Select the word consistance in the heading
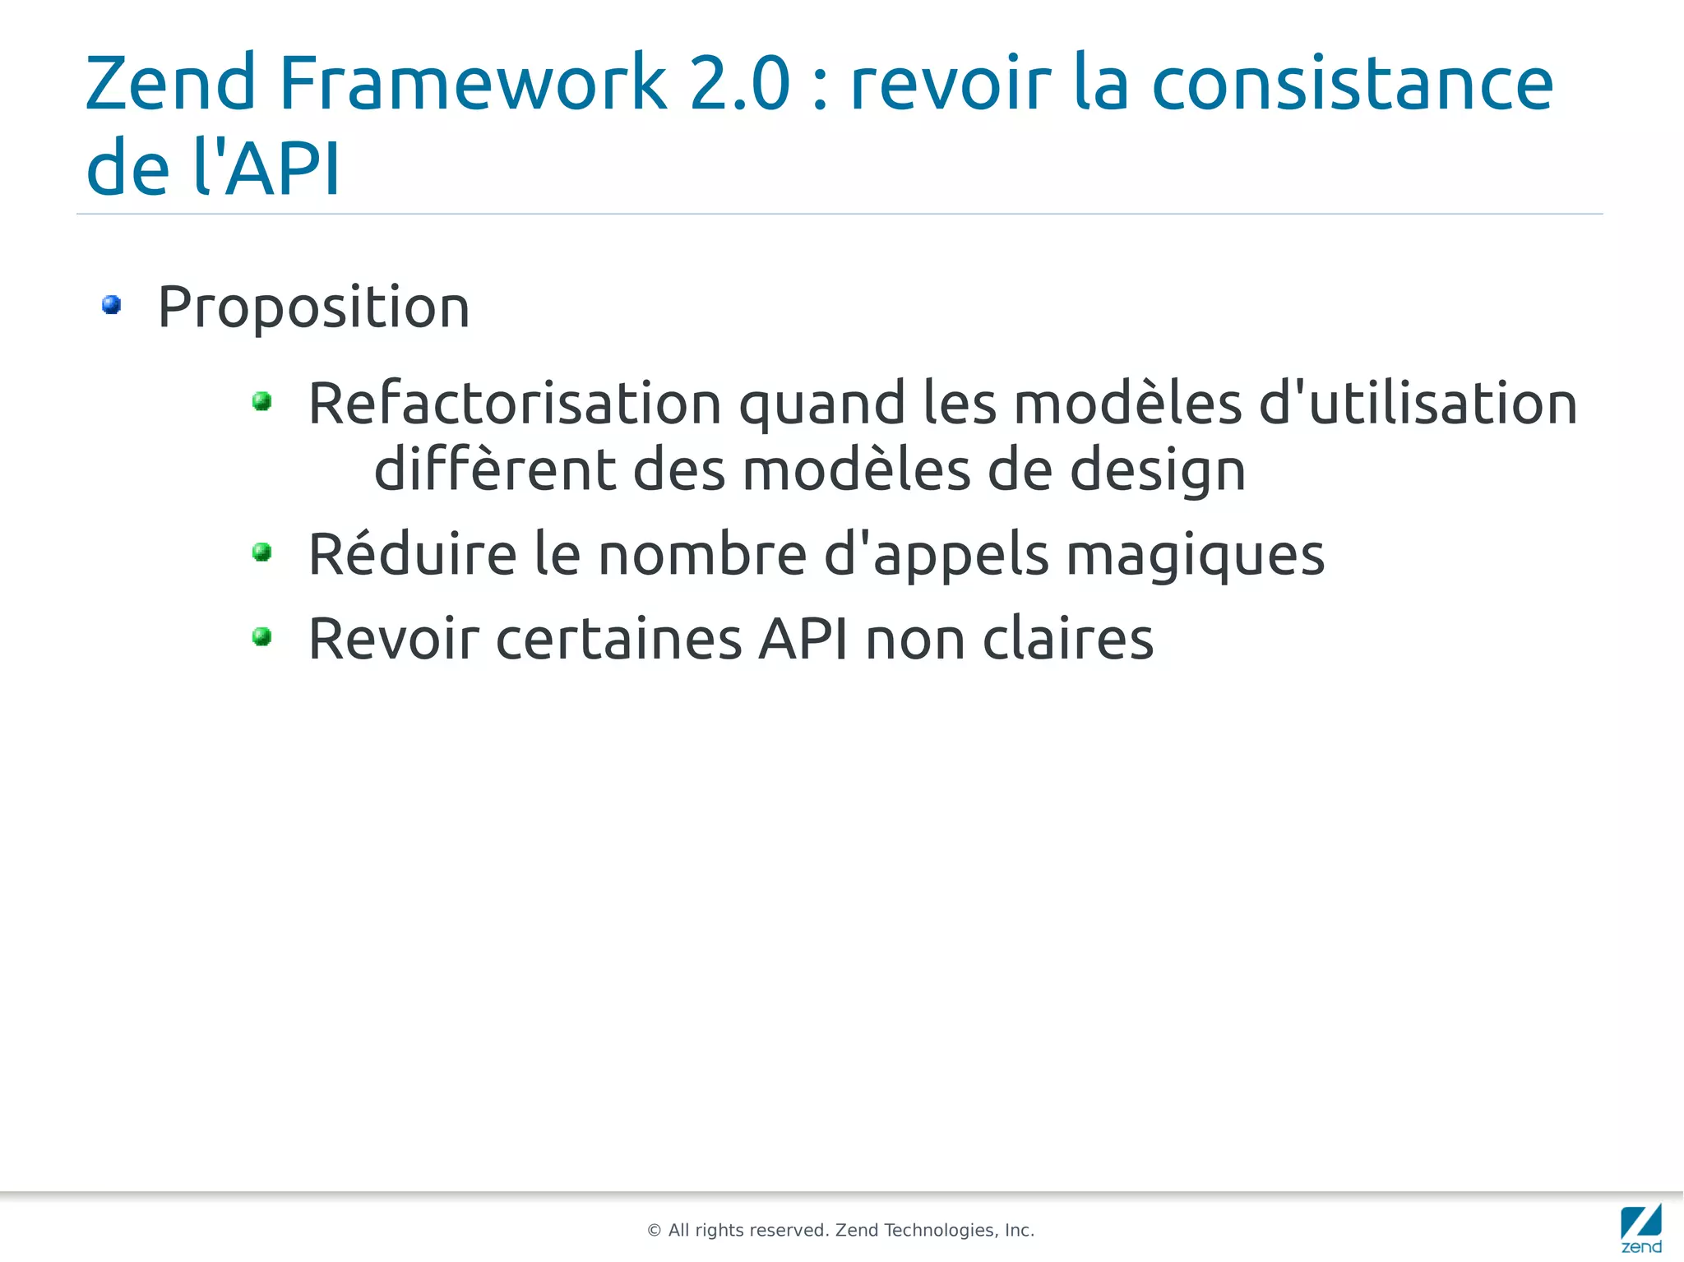1352,84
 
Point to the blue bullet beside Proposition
112,305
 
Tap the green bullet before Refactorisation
262,401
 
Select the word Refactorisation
515,404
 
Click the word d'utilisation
1418,404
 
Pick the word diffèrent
495,469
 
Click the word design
1157,471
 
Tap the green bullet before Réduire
262,552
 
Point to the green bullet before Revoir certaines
262,636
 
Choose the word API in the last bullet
803,639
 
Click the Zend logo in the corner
1640,1227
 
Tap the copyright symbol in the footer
655,1231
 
